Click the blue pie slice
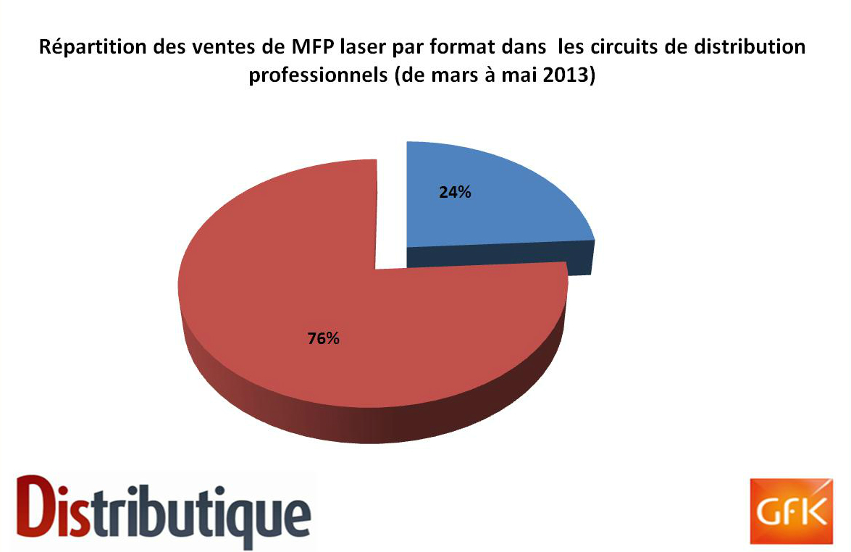tap(488, 201)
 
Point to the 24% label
tap(455, 192)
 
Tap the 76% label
tap(324, 339)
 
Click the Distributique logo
tap(163, 511)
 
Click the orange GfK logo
tap(791, 511)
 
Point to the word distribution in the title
tap(751, 46)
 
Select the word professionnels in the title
tap(318, 75)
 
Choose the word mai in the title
tap(519, 75)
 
